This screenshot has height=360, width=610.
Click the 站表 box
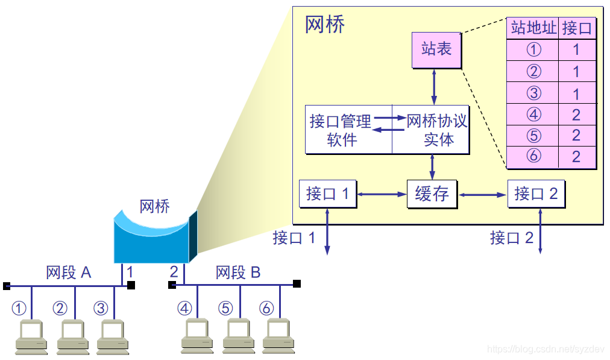[436, 50]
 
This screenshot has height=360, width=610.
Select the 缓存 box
[432, 194]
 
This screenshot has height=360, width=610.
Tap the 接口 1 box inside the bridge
[327, 194]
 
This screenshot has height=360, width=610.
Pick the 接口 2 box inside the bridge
[536, 194]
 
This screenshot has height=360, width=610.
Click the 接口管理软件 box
[348, 130]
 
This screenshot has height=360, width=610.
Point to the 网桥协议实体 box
[430, 130]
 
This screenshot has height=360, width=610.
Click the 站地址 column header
[533, 28]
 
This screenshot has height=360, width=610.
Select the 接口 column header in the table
[577, 28]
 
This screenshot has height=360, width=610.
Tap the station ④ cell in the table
[533, 114]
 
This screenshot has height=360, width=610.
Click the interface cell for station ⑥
[577, 157]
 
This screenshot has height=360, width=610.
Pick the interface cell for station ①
[577, 49]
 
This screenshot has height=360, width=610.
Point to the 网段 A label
[69, 273]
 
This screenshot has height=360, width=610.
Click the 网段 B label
[238, 273]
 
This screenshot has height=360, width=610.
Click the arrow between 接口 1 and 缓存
[382, 194]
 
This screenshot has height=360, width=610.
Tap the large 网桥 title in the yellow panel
[325, 25]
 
